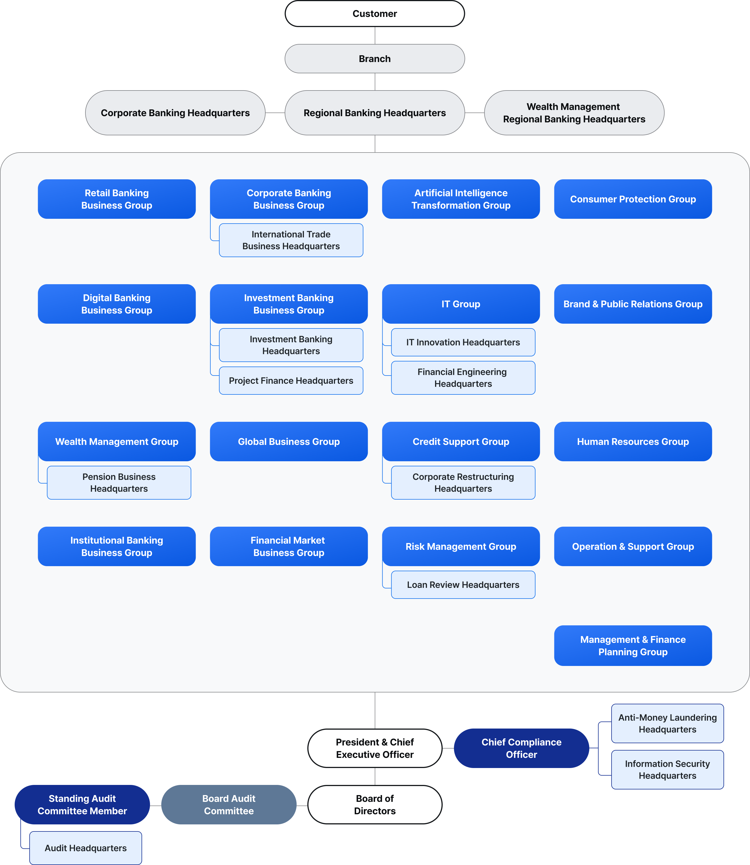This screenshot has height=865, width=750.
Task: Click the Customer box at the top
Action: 375,14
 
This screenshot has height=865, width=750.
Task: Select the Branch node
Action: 375,59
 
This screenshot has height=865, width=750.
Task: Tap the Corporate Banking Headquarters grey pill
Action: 175,113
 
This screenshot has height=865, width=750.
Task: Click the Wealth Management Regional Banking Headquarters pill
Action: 574,113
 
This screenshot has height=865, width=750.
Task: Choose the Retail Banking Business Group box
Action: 116,199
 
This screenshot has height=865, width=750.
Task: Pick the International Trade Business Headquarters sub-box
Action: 291,240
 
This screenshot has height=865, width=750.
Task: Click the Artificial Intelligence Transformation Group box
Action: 461,199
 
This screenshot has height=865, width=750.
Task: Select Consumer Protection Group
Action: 633,199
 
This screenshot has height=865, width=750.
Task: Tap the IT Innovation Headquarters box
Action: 463,342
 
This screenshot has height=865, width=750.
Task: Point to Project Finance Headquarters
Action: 291,380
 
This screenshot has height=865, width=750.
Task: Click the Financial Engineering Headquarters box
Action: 463,378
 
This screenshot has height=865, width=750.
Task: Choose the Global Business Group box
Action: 289,442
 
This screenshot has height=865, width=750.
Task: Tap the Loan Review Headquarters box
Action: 463,585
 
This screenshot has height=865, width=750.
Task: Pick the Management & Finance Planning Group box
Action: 633,645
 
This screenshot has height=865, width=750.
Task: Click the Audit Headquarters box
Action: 85,848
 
